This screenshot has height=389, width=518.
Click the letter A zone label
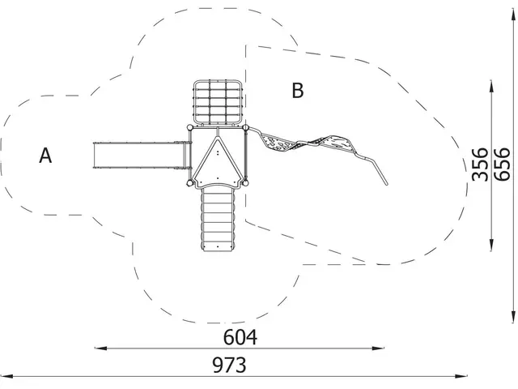pyautogui.click(x=45, y=156)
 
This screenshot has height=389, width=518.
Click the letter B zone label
pyautogui.click(x=298, y=90)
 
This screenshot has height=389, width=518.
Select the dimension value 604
pyautogui.click(x=240, y=337)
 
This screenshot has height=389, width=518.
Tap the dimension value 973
pyautogui.click(x=229, y=365)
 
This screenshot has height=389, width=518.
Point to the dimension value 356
pyautogui.click(x=480, y=165)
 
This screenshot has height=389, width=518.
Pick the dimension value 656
pyautogui.click(x=502, y=165)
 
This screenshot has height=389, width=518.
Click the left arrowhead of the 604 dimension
pyautogui.click(x=100, y=348)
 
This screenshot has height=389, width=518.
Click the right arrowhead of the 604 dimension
pyautogui.click(x=378, y=348)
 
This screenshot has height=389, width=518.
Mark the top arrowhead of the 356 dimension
pyautogui.click(x=491, y=87)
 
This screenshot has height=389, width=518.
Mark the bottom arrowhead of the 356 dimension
pyautogui.click(x=491, y=245)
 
